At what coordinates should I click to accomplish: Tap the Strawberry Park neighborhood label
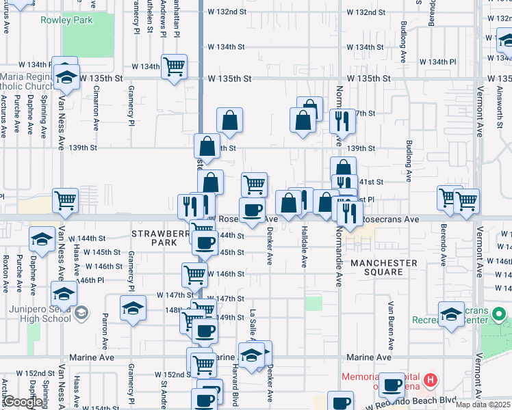tap(159, 238)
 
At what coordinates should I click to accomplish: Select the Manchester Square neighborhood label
tap(384, 267)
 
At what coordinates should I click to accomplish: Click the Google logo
tap(23, 402)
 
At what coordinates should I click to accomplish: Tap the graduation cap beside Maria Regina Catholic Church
tap(66, 77)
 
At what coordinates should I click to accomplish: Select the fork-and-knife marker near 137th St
tap(342, 121)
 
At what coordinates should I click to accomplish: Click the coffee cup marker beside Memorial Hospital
tap(392, 385)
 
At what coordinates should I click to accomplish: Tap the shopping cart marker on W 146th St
tap(195, 275)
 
